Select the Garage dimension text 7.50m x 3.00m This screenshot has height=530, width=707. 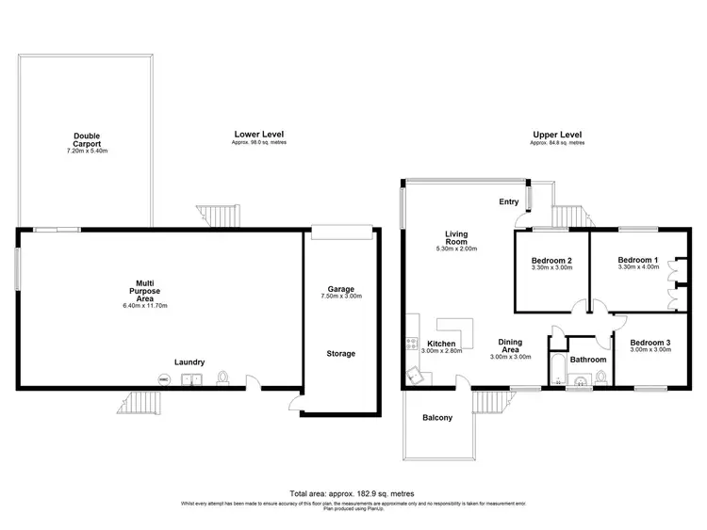pos(340,297)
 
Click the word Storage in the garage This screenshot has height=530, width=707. pos(340,354)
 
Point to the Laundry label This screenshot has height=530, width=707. pos(189,361)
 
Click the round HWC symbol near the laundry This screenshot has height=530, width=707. pos(163,379)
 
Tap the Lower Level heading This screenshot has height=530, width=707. pos(258,135)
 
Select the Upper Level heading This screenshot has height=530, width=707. pos(556,135)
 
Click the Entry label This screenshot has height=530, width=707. pos(509,201)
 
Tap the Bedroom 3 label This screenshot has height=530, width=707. pos(649,343)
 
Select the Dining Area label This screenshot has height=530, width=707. pos(510,345)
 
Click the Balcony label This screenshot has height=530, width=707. pos(438,417)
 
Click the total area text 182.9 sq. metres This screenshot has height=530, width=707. pos(353,493)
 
